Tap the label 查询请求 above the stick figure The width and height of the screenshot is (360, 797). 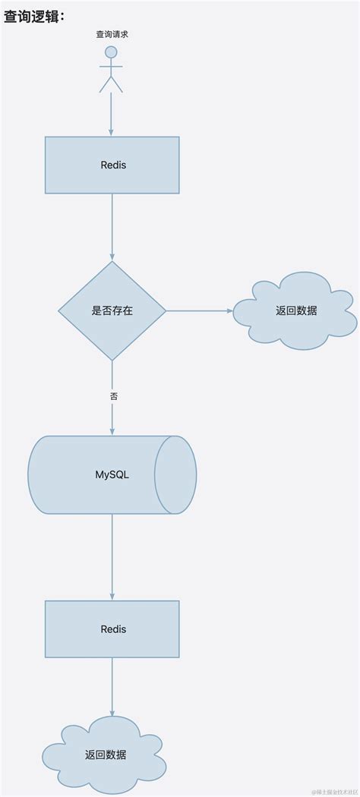pos(112,34)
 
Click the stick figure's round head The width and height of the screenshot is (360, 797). pos(112,52)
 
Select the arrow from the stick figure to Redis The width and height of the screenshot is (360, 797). pos(112,114)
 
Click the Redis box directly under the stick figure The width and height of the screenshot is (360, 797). pos(112,165)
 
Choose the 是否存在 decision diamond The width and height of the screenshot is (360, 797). pos(112,310)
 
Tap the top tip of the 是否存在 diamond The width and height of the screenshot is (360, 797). pos(112,263)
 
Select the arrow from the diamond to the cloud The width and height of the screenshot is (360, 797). pos(198,310)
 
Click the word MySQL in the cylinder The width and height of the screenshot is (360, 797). pos(112,474)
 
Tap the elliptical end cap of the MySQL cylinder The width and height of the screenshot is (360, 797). pos(175,474)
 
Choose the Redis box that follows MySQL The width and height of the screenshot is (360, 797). pos(112,628)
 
